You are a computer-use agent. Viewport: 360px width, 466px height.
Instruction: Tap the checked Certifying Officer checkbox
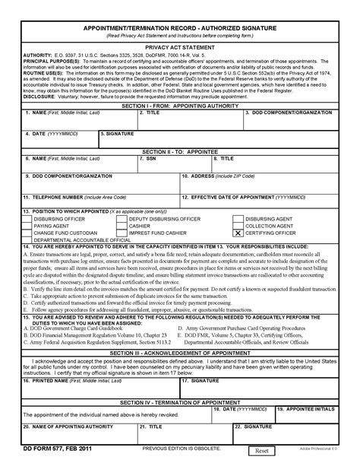(x=238, y=232)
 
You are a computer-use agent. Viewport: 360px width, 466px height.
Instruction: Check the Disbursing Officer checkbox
(x=27, y=218)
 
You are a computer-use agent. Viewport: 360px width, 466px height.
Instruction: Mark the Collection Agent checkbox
(x=238, y=225)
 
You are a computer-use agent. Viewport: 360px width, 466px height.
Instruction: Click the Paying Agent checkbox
(x=27, y=225)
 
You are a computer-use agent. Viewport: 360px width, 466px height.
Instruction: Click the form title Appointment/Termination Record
(x=179, y=26)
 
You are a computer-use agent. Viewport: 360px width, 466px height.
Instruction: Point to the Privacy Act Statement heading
(x=179, y=46)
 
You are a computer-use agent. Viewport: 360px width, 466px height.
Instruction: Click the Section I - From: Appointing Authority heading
(x=179, y=107)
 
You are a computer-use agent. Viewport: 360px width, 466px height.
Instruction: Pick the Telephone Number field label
(x=46, y=196)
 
